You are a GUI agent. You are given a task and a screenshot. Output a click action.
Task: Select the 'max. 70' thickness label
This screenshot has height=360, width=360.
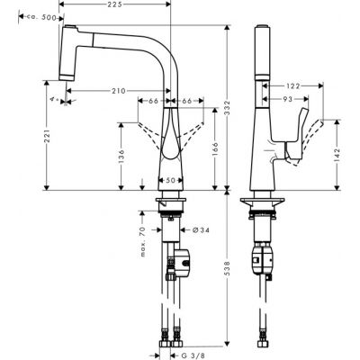(x=141, y=240)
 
